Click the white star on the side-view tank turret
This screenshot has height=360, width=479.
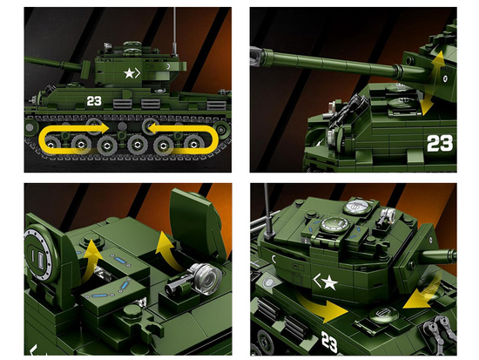pyautogui.click(x=129, y=73)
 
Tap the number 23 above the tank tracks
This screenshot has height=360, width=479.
pyautogui.click(x=94, y=100)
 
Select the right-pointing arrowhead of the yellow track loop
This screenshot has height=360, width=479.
pyautogui.click(x=103, y=128)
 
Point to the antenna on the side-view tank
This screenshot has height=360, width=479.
pyautogui.click(x=174, y=31)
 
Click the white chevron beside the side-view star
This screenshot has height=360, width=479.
pyautogui.click(x=138, y=73)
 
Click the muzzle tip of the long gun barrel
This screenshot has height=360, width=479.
pyautogui.click(x=253, y=57)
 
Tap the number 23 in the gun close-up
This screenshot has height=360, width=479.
pyautogui.click(x=440, y=143)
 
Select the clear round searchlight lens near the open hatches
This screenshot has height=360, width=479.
pyautogui.click(x=208, y=277)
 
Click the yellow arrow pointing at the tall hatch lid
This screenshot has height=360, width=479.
pyautogui.click(x=170, y=251)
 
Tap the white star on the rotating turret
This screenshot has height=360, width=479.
pyautogui.click(x=329, y=282)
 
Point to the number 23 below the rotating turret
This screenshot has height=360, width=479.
pyautogui.click(x=329, y=341)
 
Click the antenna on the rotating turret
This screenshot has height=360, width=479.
pyautogui.click(x=267, y=211)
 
